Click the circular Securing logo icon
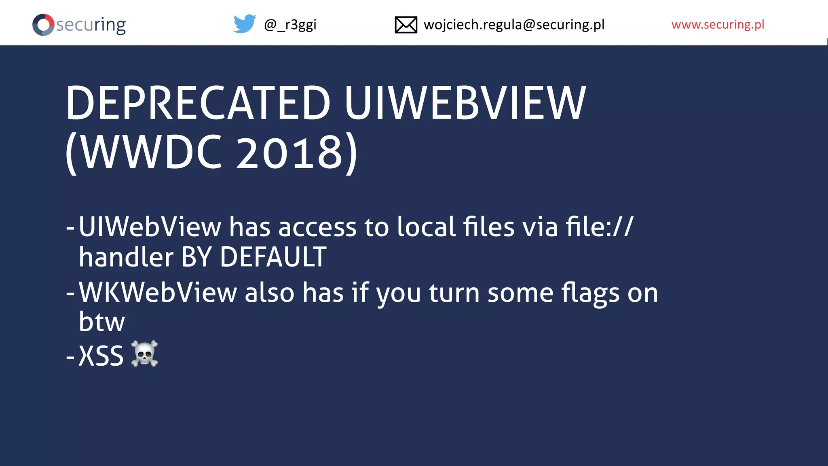(x=43, y=25)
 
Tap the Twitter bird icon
(x=245, y=24)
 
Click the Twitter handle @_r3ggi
(x=290, y=25)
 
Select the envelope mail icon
(x=406, y=25)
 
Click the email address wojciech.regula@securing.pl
(x=514, y=25)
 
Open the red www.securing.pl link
(x=718, y=25)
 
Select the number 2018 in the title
(x=289, y=153)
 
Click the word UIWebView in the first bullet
(x=150, y=227)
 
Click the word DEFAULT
(x=273, y=257)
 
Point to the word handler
(x=126, y=257)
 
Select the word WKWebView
(x=158, y=292)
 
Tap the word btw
(x=102, y=322)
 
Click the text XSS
(x=101, y=356)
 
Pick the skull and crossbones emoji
(x=144, y=354)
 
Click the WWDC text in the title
(x=152, y=153)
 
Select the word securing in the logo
(x=91, y=25)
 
